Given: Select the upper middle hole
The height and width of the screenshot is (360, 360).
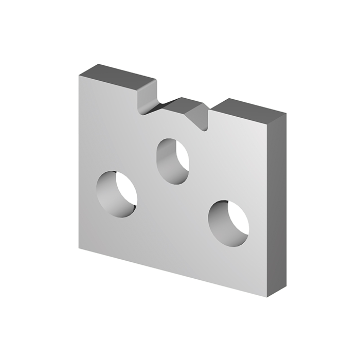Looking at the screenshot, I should click(x=173, y=161).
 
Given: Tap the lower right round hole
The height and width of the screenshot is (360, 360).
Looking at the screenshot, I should click(x=228, y=223).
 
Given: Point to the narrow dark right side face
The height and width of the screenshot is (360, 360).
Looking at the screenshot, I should click(x=276, y=206).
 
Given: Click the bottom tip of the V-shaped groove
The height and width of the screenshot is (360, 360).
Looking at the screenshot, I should click(x=206, y=130).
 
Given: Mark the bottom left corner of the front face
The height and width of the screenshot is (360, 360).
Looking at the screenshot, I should click(x=79, y=248).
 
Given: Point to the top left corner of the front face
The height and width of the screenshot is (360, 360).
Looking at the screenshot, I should click(x=79, y=76).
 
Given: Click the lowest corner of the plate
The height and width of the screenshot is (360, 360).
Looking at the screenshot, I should click(x=267, y=297).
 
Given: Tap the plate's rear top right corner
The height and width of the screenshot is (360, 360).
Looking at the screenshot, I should click(x=286, y=114).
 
